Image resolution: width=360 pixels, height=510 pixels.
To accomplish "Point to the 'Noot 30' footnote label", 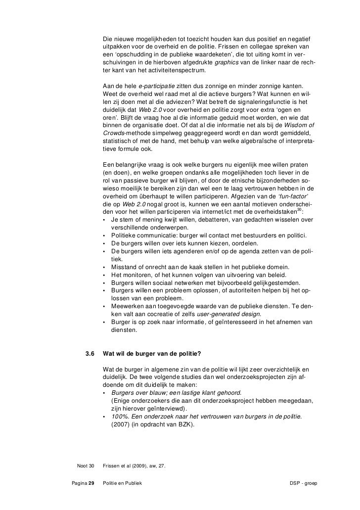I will click(85, 465).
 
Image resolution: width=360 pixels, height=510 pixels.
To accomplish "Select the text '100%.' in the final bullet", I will click(121, 417).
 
